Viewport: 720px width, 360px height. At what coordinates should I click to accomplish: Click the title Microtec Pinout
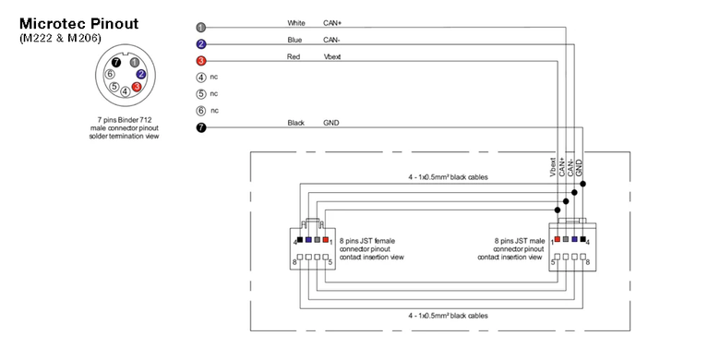pos(78,23)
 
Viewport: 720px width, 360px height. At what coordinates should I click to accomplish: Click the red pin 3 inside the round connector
pos(137,87)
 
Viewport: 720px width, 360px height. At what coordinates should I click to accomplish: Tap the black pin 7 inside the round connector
pos(116,62)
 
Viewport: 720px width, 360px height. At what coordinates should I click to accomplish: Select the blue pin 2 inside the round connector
pos(141,74)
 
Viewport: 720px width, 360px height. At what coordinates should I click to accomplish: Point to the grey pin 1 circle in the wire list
pos(201,27)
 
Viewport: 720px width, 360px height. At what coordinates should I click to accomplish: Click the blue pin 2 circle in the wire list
pos(201,44)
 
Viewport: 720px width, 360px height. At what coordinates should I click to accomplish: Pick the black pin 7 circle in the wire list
pos(201,127)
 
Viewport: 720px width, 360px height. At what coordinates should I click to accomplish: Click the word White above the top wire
pos(296,23)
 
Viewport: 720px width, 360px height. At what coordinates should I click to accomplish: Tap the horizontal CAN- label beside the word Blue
pos(331,40)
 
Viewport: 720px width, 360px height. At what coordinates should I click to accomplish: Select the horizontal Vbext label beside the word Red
pos(332,57)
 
